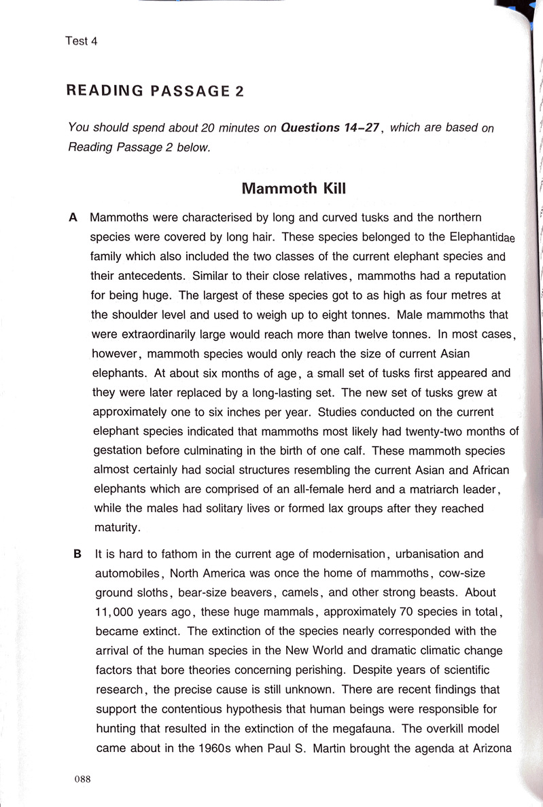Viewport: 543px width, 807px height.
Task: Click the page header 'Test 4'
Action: [x=82, y=41]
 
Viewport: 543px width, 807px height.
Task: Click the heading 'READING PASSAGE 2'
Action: [x=154, y=91]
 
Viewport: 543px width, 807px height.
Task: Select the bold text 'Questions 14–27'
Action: [x=329, y=128]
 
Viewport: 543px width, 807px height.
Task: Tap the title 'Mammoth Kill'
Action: [x=294, y=188]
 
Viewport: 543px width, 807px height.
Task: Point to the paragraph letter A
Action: [x=74, y=218]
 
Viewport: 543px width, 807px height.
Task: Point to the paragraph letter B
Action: [x=77, y=554]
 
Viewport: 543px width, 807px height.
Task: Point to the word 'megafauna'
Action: [x=363, y=729]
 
